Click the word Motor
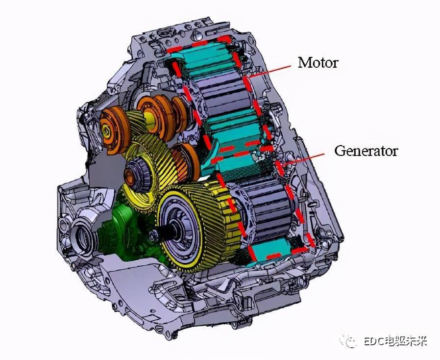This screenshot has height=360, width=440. tap(318, 62)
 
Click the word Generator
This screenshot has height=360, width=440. tap(366, 151)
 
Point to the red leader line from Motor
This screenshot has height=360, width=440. tap(269, 71)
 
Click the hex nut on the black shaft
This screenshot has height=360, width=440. tap(154, 235)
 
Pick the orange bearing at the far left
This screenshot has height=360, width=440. tap(114, 130)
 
